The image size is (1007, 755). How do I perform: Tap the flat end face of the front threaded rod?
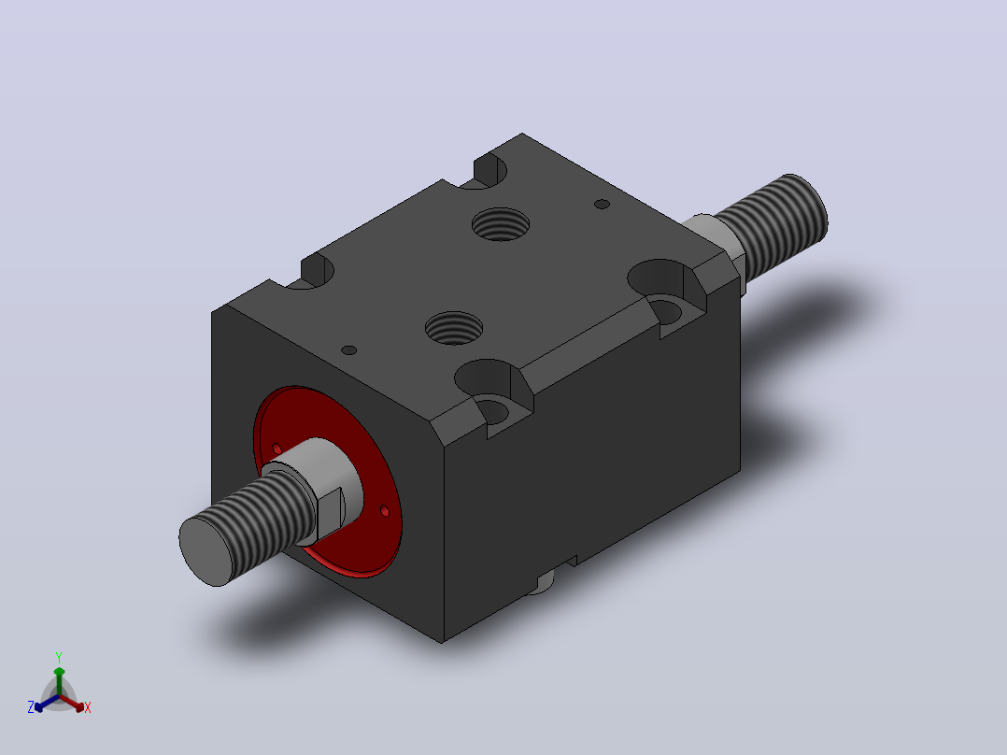[x=206, y=551]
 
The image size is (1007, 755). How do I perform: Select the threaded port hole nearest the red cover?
[x=454, y=328]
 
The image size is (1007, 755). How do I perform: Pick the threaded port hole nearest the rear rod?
[x=501, y=224]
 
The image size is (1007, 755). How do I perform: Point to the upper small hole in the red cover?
[x=277, y=448]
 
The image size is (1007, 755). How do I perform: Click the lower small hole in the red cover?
[x=385, y=511]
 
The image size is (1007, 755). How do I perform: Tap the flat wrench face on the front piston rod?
[x=331, y=512]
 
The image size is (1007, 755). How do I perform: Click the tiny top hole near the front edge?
[x=348, y=350]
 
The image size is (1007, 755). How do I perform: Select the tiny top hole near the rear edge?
[x=602, y=205]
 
